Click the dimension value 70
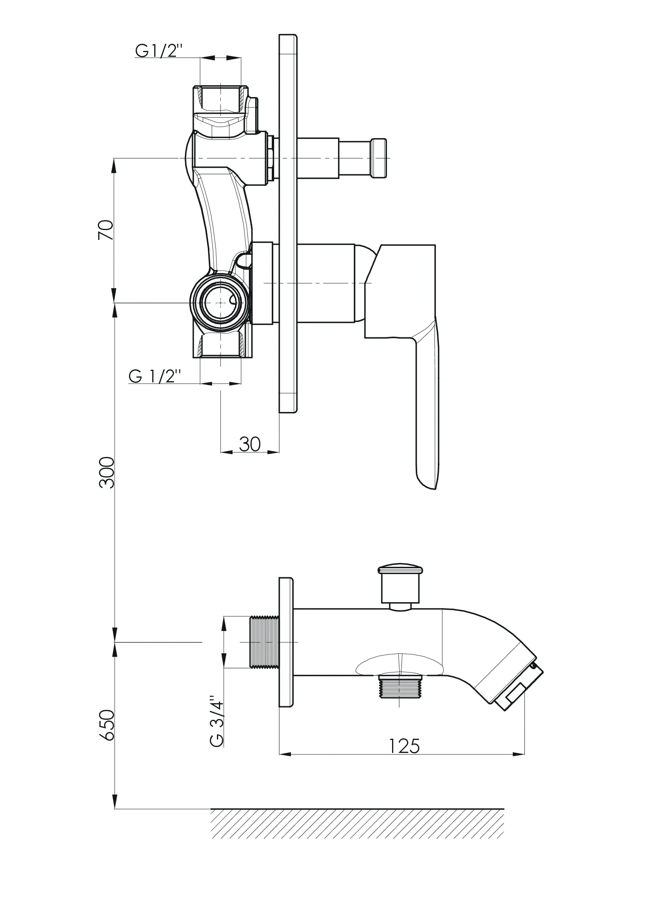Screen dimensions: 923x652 pyautogui.click(x=106, y=230)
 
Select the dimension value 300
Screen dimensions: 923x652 pyautogui.click(x=106, y=472)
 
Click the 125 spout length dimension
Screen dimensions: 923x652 pyautogui.click(x=404, y=746)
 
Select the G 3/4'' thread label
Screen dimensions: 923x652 pyautogui.click(x=217, y=721)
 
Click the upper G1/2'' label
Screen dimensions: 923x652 pyautogui.click(x=159, y=51)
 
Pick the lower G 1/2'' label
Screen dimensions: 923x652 pyautogui.click(x=154, y=376)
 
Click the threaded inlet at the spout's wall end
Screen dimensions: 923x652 pyautogui.click(x=264, y=642)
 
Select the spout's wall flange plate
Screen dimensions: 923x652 pyautogui.click(x=286, y=642)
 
